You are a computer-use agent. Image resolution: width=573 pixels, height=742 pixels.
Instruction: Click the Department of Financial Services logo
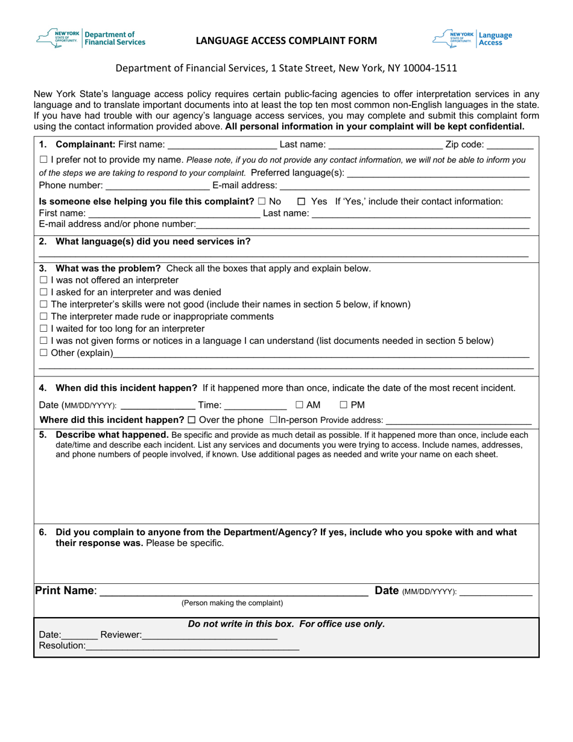tap(91, 39)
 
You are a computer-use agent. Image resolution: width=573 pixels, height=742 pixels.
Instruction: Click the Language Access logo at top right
tap(472, 39)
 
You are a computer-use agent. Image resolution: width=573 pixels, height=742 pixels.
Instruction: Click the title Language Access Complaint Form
tap(286, 41)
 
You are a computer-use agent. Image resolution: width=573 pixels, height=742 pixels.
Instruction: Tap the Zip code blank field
tap(510, 145)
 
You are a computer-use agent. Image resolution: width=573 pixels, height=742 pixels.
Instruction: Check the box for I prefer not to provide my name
tap(43, 160)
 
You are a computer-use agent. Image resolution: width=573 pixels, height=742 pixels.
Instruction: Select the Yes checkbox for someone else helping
tap(302, 201)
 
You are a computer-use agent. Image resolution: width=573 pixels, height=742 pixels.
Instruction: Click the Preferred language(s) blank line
tap(438, 173)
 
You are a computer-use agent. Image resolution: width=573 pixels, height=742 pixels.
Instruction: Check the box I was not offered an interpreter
tap(43, 281)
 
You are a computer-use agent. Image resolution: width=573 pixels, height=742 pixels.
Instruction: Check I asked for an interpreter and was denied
tap(43, 293)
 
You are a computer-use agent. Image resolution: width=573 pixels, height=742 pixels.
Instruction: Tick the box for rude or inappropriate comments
tap(43, 317)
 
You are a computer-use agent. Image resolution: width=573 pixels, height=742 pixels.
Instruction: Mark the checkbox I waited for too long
tap(43, 329)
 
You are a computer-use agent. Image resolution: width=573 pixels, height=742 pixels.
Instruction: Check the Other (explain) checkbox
tap(43, 353)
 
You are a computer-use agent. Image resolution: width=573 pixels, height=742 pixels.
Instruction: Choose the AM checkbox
tap(299, 405)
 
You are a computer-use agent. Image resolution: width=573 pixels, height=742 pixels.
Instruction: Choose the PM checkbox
tap(344, 405)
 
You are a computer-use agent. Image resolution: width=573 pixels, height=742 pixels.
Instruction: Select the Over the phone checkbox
tap(192, 420)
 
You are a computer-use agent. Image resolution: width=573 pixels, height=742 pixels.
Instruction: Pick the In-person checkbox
tap(273, 420)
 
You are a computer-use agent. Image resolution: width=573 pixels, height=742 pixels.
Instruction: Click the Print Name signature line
tap(233, 591)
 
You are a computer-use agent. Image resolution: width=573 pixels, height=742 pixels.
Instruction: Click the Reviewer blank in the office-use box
tap(209, 635)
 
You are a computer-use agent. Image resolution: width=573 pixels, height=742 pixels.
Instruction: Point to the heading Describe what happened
tap(112, 434)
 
